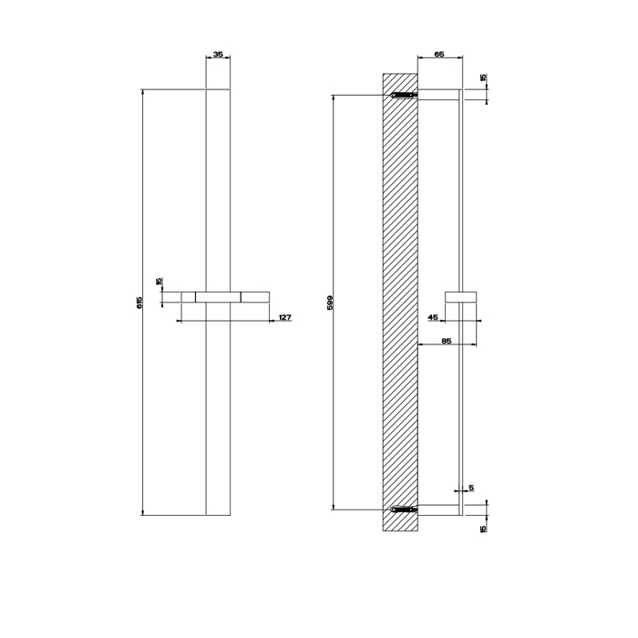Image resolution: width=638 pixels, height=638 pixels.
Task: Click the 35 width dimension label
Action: point(218,55)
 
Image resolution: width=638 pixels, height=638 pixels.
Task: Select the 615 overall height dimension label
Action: point(139,302)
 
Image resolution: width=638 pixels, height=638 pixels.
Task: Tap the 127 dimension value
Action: point(284,317)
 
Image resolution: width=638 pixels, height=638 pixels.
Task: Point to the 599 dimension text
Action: point(330,302)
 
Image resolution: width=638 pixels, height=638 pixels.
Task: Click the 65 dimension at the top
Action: point(438,55)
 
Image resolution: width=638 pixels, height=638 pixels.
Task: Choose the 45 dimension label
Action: point(433,317)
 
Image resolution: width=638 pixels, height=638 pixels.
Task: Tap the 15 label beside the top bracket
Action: point(483,78)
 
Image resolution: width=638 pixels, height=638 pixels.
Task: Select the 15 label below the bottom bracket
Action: point(483,527)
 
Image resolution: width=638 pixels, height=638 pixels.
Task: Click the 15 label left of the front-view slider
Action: point(159,282)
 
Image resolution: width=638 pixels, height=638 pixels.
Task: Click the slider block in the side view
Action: point(460,296)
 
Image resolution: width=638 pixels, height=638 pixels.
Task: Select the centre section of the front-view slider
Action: point(218,296)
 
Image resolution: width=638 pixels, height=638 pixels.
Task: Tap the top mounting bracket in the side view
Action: point(439,94)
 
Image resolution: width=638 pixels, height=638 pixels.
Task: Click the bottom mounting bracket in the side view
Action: point(439,509)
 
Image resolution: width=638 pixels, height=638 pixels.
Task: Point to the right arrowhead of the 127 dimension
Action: point(269,321)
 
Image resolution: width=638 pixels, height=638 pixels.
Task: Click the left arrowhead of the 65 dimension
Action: point(419,59)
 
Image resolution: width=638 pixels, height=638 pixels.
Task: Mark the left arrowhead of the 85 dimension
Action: point(419,345)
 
